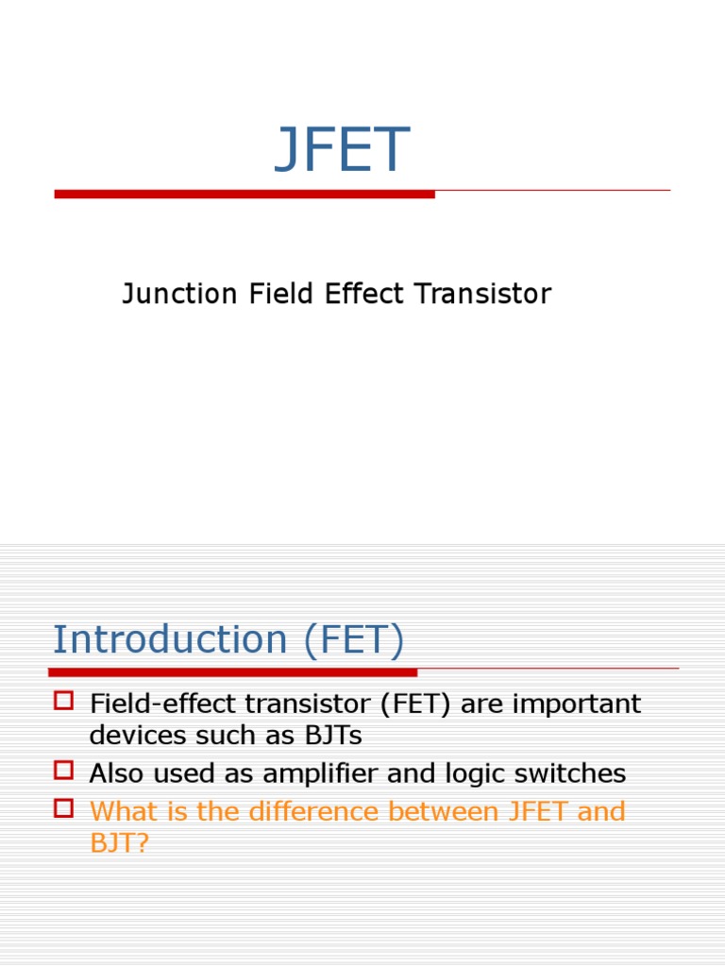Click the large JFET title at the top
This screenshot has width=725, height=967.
click(x=342, y=151)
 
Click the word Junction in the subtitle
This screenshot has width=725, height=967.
click(x=179, y=295)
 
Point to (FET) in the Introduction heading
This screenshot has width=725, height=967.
click(x=353, y=640)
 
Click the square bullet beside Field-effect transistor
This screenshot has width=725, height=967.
click(x=63, y=701)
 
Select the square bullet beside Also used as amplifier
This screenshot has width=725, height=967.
click(x=63, y=771)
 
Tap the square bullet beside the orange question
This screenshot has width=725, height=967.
click(x=63, y=808)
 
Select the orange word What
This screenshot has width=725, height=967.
click(x=121, y=811)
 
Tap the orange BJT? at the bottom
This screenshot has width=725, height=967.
click(x=119, y=842)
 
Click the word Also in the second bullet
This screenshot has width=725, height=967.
click(x=116, y=774)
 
